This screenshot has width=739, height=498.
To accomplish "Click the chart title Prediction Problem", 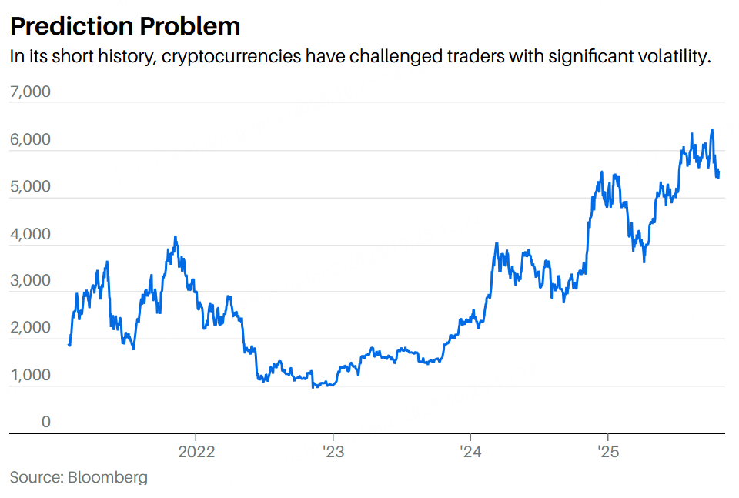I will click(125, 26).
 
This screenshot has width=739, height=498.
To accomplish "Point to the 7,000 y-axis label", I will click(30, 92).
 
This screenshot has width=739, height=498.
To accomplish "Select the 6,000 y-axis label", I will click(30, 140).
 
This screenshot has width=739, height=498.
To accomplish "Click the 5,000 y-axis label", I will click(30, 187).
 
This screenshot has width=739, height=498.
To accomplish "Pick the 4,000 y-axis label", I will click(30, 235).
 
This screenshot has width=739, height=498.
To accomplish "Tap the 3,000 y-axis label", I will click(30, 281).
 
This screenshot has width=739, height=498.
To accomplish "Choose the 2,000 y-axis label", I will click(30, 328).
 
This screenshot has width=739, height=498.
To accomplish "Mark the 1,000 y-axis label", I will click(30, 376).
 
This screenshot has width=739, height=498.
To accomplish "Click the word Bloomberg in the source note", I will click(107, 477).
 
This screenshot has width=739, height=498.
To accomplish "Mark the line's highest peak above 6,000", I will click(712, 130).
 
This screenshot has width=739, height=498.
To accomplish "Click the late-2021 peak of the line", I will click(176, 237).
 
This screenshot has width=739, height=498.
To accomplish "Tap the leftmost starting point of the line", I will click(69, 345).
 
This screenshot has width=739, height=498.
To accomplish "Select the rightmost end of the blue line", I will click(719, 171).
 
